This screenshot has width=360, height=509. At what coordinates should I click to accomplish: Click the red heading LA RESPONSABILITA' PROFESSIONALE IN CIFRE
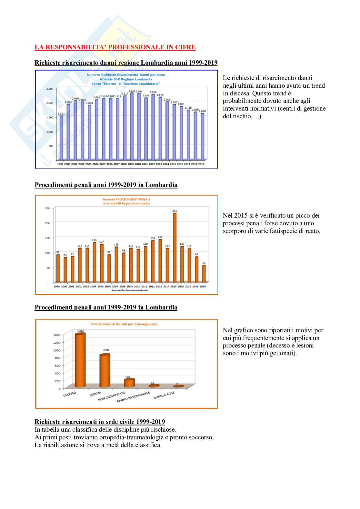coord(115,47)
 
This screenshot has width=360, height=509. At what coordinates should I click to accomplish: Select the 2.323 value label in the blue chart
coord(132,91)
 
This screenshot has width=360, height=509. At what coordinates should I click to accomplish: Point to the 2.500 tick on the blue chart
coord(50,89)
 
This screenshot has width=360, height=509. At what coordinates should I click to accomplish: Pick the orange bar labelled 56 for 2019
coord(204,274)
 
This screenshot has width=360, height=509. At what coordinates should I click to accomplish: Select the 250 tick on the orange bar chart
coord(47,208)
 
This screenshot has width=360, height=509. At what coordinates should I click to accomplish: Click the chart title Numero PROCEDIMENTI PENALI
coord(126,199)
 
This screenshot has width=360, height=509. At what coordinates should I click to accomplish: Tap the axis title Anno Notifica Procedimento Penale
coord(129,290)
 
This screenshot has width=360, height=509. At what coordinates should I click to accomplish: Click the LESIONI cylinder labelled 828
coord(105,371)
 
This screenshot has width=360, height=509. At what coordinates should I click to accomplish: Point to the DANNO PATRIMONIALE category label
coord(133,397)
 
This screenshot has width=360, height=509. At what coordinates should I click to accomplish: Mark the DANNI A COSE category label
coord(164,395)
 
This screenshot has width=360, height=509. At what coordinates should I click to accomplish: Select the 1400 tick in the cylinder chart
coord(56,335)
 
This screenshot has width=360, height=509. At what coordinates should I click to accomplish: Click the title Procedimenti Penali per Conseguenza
coord(124,324)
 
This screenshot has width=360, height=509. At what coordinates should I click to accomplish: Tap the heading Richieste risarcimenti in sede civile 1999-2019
coord(100,422)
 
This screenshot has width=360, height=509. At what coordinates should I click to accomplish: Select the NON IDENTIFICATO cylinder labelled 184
coord(129,383)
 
